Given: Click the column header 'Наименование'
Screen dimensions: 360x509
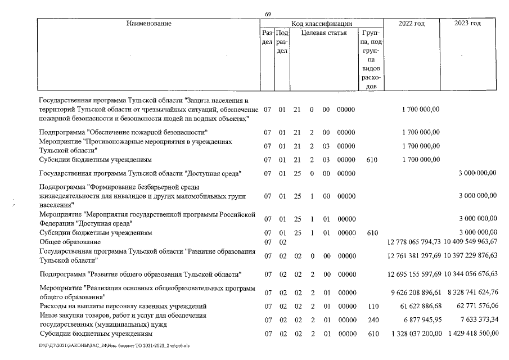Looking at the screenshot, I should click(149, 24).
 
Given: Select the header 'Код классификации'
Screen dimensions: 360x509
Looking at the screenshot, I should click(322, 24).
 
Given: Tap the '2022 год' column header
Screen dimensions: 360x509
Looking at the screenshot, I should click(411, 24).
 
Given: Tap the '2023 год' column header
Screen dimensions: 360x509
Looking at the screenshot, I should click(468, 24).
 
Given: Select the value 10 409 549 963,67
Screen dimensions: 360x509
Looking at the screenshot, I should click(471, 242).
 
